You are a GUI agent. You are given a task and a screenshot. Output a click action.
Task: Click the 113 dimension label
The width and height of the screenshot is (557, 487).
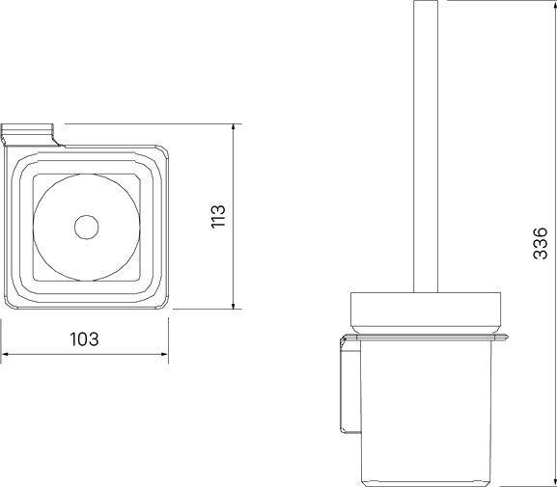[218, 216]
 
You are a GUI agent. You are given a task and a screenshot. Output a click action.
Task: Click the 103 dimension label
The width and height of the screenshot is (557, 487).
[84, 339]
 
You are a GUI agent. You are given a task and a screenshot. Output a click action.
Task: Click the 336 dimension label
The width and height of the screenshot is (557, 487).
[541, 243]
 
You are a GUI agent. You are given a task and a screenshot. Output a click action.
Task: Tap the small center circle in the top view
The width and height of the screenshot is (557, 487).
[86, 228]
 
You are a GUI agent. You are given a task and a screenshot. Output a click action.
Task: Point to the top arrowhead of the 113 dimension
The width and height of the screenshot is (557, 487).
[233, 127]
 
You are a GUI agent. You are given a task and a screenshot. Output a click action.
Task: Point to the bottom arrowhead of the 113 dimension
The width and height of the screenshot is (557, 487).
[233, 306]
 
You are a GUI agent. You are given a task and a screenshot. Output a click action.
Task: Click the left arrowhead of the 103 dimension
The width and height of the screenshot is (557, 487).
[5, 354]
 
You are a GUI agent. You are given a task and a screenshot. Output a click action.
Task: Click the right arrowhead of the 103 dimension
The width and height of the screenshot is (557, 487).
[164, 354]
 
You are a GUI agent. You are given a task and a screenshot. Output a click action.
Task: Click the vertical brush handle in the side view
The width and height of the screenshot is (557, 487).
[426, 147]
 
